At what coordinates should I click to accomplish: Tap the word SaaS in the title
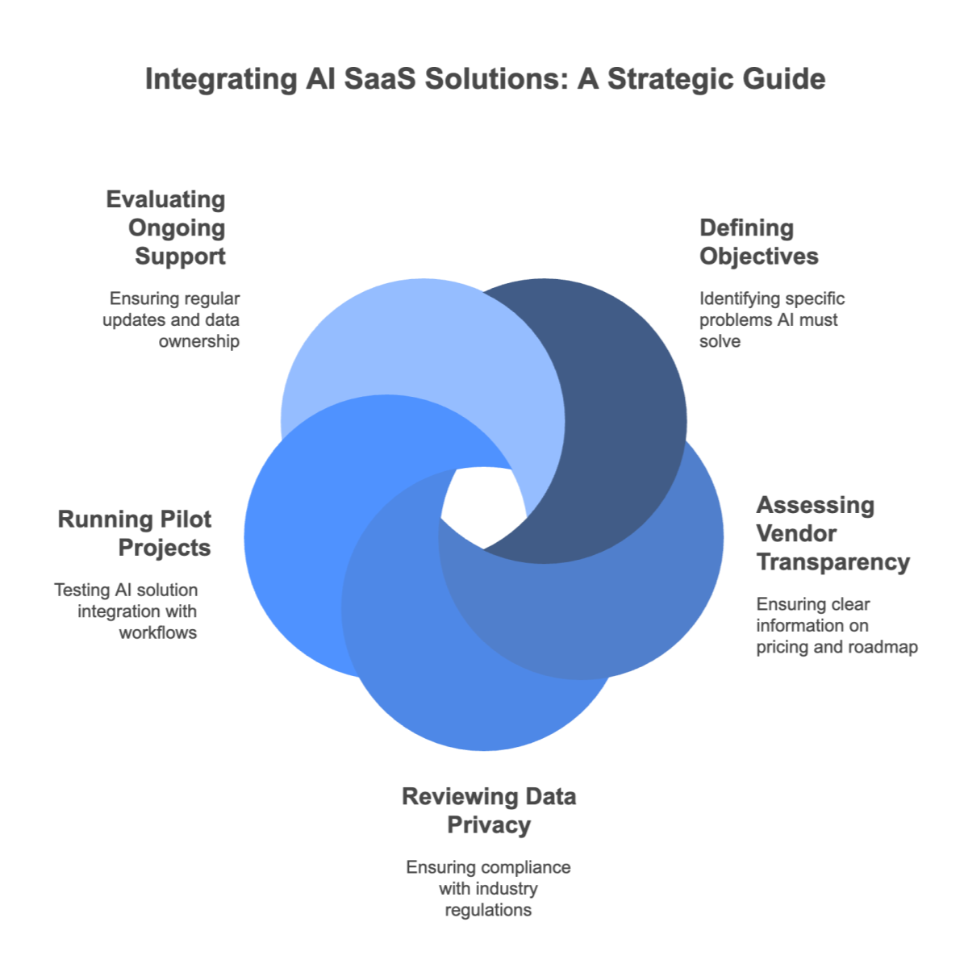(x=378, y=80)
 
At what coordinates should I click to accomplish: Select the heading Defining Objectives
(x=758, y=242)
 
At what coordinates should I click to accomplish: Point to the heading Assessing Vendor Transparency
(x=832, y=533)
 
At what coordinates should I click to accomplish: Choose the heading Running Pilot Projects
(x=135, y=533)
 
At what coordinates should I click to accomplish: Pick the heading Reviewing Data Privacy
(x=489, y=811)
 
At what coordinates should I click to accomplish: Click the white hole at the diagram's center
(x=482, y=508)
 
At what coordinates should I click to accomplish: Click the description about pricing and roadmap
(x=837, y=625)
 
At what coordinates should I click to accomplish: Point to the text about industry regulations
(x=489, y=888)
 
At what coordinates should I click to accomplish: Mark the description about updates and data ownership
(x=176, y=319)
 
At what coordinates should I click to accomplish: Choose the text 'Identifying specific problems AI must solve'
(x=771, y=319)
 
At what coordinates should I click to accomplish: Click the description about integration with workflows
(x=127, y=611)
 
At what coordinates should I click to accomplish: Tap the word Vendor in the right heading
(x=785, y=533)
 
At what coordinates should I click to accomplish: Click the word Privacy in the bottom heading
(x=489, y=825)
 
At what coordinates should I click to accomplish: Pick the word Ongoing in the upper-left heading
(x=176, y=228)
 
